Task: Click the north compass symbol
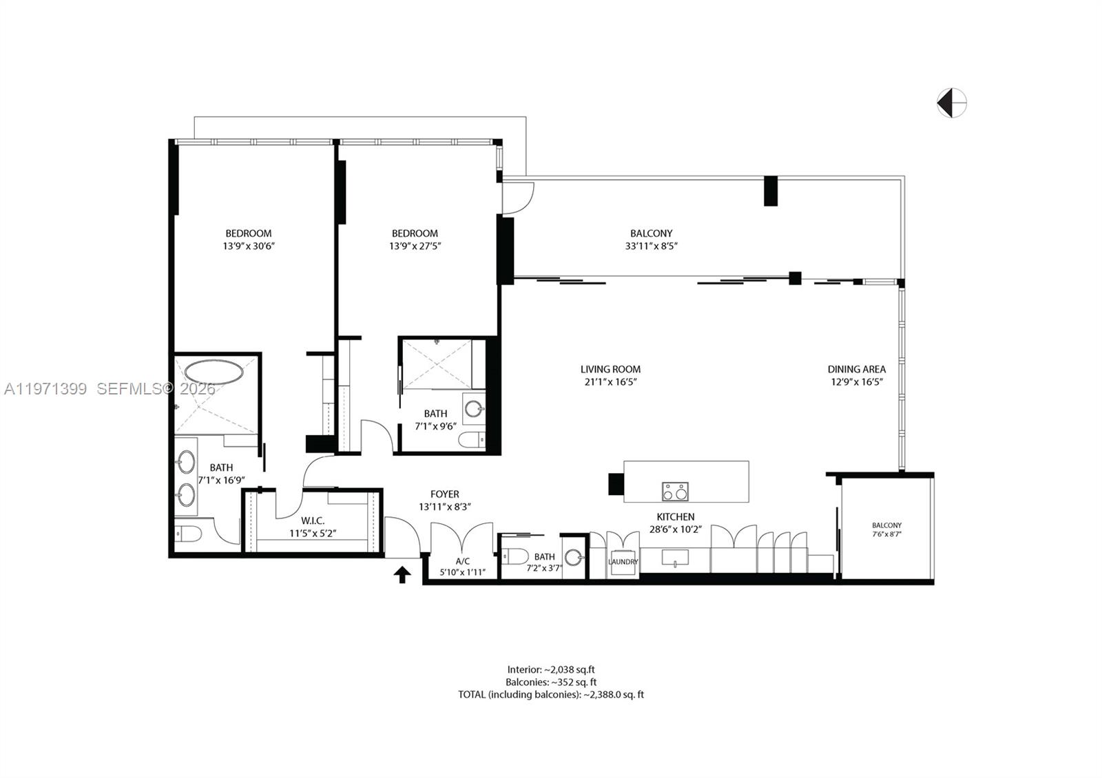952,103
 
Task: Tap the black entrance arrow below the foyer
402,574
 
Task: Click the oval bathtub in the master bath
213,372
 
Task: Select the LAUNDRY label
623,562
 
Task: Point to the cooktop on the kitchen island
674,491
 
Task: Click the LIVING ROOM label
610,369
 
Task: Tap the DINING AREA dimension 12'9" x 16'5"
856,381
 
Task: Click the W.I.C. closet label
313,521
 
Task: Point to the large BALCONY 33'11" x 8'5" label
651,233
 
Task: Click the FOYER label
444,494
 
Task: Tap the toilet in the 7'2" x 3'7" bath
514,555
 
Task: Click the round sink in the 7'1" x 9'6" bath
474,408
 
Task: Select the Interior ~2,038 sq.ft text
550,669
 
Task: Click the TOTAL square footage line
550,695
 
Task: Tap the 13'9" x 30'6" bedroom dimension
248,246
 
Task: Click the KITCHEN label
675,516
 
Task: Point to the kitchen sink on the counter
675,557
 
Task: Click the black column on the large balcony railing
771,191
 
